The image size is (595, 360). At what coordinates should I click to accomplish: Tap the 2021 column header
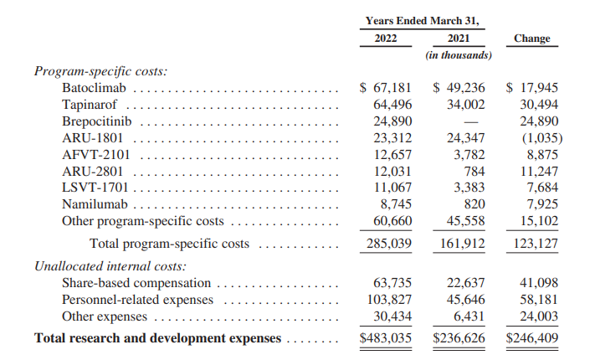tap(458, 39)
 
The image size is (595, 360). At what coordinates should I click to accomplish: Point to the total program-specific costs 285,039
tap(389, 244)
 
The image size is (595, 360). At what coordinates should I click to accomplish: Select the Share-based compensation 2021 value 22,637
tap(467, 283)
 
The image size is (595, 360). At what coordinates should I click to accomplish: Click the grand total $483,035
tap(385, 338)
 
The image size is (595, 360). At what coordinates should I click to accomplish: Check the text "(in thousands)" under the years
tap(458, 55)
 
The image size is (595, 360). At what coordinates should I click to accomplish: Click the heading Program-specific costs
tap(100, 70)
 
